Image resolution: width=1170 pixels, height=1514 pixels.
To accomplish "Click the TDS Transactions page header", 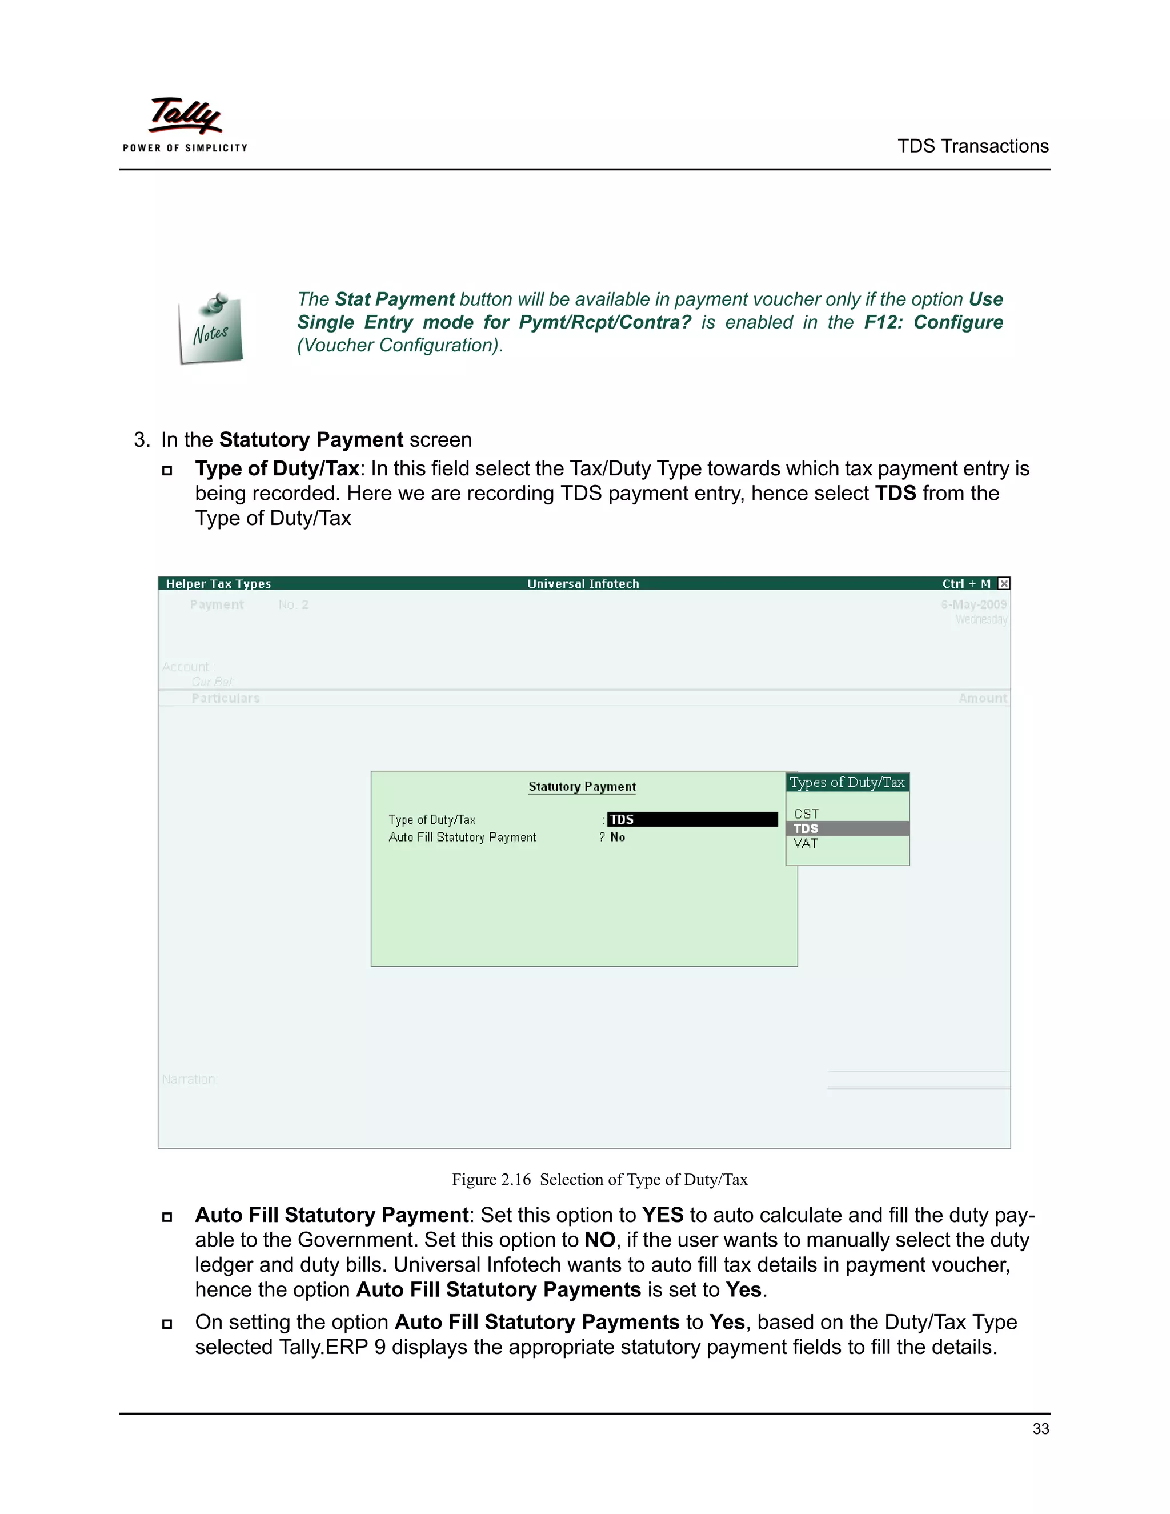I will (x=972, y=146).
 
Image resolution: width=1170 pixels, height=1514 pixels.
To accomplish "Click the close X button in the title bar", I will (x=1004, y=584).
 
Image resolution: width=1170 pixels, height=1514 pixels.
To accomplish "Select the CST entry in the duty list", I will (x=806, y=814).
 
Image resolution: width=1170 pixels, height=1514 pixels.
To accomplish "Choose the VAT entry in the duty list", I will (x=806, y=844).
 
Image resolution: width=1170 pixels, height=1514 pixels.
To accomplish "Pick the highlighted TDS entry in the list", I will (x=806, y=828).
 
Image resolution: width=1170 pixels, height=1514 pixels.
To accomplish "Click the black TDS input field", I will (x=692, y=819).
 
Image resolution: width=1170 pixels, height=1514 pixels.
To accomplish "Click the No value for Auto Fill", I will (x=618, y=838).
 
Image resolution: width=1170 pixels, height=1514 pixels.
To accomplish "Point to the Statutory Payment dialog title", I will (x=582, y=787).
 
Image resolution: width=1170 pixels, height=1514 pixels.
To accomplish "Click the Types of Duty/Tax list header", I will (x=847, y=783).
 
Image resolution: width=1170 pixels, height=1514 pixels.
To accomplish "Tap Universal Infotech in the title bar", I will (x=583, y=584).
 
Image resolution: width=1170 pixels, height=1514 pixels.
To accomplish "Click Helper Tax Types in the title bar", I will (x=218, y=584).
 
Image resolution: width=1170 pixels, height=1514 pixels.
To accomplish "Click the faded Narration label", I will (x=189, y=1079).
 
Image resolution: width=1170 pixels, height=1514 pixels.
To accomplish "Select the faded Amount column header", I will (x=982, y=698).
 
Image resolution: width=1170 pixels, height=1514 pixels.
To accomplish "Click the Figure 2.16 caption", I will (x=599, y=1180).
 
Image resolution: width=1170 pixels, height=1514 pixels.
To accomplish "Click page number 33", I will (x=1040, y=1429).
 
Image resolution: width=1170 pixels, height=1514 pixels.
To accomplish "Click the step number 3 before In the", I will (x=141, y=440).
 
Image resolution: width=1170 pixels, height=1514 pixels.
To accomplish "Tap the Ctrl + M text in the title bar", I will (x=966, y=584).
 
